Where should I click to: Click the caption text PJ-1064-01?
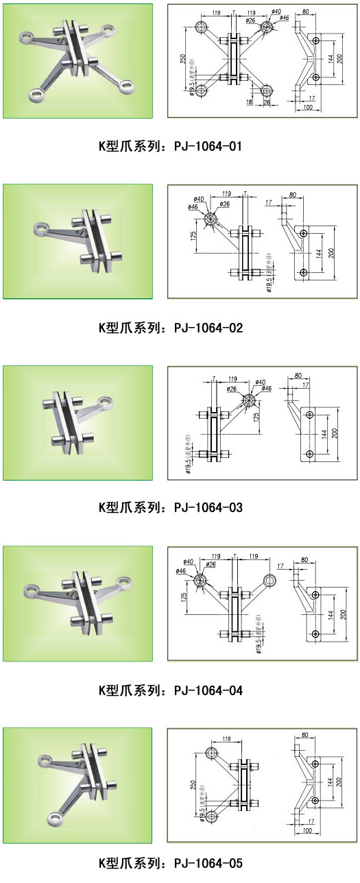point(208,147)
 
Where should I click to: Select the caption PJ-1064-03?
point(208,508)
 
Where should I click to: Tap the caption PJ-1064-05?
point(208,862)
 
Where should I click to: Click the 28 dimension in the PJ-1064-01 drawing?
point(266,103)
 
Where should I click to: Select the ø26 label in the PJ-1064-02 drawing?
point(224,204)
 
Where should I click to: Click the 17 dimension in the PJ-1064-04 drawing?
point(280,566)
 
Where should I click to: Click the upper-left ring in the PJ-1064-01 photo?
point(27,36)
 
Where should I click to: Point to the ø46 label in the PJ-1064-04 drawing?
point(181,571)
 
